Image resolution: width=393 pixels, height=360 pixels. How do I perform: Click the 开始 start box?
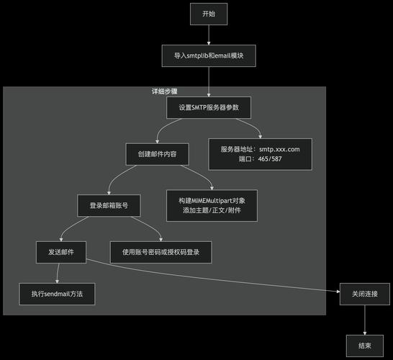click(209, 13)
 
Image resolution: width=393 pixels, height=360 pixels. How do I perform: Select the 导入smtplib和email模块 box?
click(209, 55)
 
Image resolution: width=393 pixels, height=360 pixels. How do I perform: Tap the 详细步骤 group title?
click(165, 92)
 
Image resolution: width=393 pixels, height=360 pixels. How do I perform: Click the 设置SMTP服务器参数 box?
click(209, 107)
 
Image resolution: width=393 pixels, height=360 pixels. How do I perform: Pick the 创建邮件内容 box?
click(157, 153)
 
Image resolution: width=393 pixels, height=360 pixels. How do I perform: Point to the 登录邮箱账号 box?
click(109, 205)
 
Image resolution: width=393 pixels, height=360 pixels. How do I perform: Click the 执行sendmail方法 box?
click(57, 294)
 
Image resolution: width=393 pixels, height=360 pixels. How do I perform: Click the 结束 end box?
click(364, 346)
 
